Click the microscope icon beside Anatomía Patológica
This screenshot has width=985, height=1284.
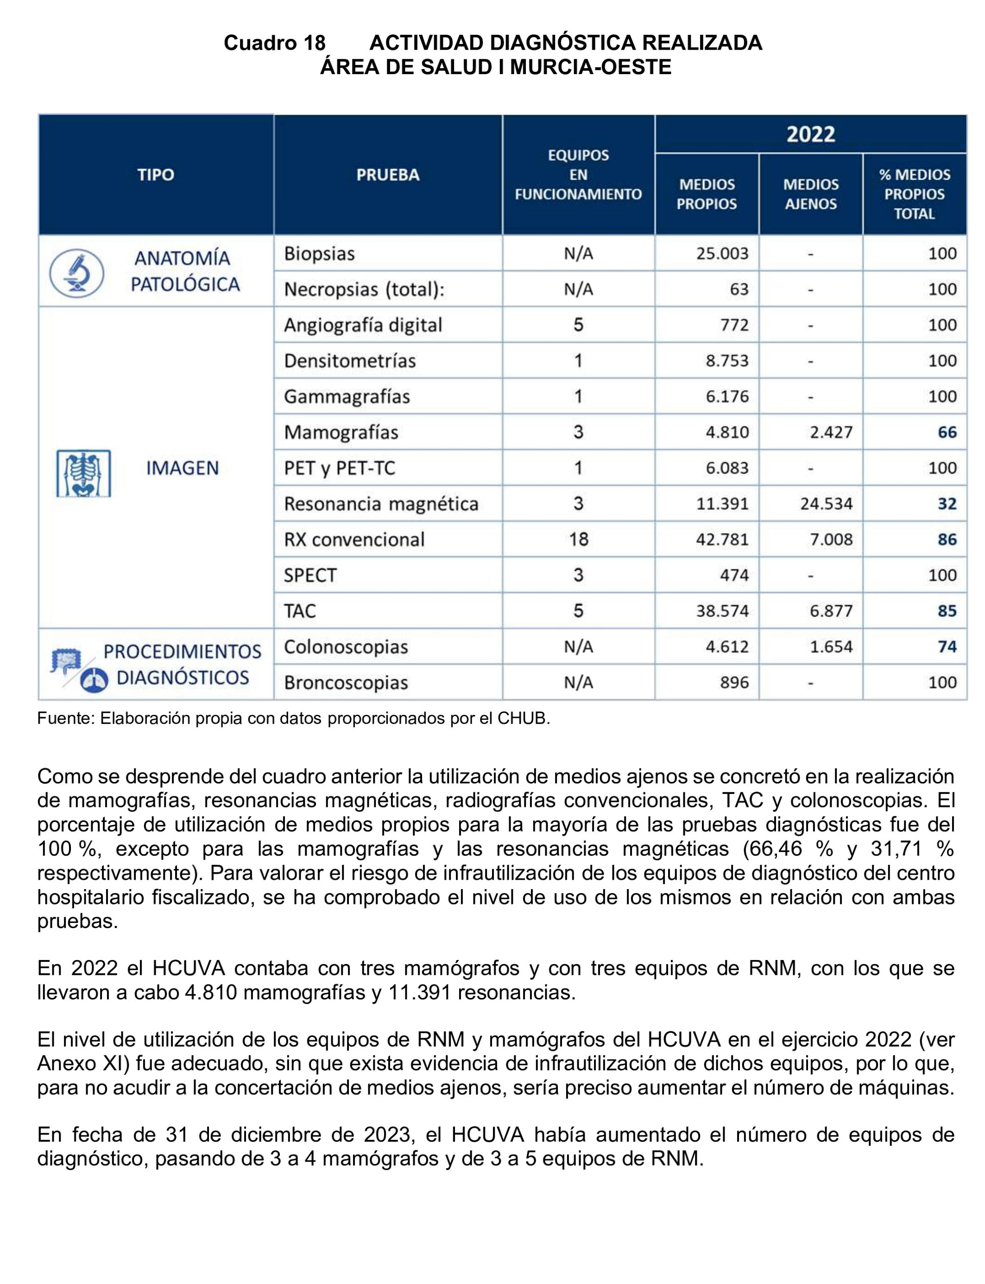pyautogui.click(x=76, y=273)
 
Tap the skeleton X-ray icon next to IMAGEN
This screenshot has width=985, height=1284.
pyautogui.click(x=84, y=473)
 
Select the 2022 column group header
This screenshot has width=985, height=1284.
pyautogui.click(x=810, y=134)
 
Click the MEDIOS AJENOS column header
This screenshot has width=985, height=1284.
pyautogui.click(x=810, y=194)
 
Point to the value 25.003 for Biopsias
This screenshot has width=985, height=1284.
pyautogui.click(x=722, y=254)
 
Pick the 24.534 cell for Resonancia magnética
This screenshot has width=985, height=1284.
pyautogui.click(x=826, y=504)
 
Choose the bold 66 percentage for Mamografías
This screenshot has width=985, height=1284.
pyautogui.click(x=947, y=432)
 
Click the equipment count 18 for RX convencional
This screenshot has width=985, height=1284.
pyautogui.click(x=578, y=540)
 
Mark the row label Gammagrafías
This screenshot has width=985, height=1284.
pyautogui.click(x=347, y=396)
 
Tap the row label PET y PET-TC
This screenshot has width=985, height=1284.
pyautogui.click(x=340, y=468)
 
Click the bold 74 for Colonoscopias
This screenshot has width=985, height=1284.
pyautogui.click(x=947, y=646)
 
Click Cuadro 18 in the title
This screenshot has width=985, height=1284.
pyautogui.click(x=274, y=43)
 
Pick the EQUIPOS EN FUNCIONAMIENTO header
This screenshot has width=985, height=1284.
pyautogui.click(x=578, y=175)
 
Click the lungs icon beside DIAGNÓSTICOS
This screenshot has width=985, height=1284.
pyautogui.click(x=94, y=680)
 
